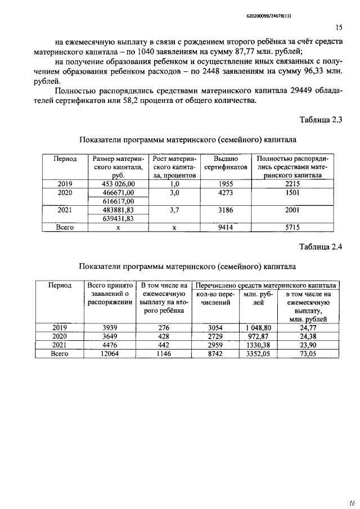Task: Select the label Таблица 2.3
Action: [x=321, y=119]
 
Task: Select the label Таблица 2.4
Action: [x=321, y=247]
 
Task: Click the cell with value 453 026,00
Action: [x=118, y=183]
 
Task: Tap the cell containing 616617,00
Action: [x=118, y=201]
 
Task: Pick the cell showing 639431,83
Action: [x=118, y=219]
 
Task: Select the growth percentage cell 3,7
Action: [x=174, y=210]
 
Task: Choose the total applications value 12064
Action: [x=110, y=354]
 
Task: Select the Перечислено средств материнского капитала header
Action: [x=265, y=285]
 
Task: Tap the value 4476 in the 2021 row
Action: [x=110, y=345]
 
